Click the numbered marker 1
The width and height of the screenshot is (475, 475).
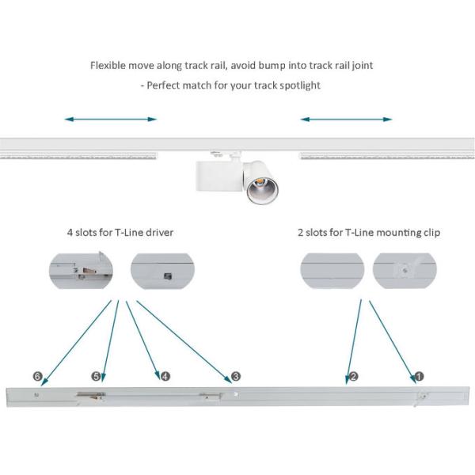coord(420,376)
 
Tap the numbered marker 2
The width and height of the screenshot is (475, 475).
coord(353,376)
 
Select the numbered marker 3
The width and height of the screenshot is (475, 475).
coord(235,376)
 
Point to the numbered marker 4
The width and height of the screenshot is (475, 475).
coord(165,376)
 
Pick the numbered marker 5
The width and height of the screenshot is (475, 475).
coord(96,376)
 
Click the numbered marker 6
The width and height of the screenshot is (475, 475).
coord(36,376)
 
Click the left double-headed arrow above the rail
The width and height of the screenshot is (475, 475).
coord(111,120)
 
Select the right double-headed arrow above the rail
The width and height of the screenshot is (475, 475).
coord(346,120)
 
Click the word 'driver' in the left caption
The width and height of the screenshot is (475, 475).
coord(158,233)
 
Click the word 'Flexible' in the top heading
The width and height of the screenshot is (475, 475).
coord(109,65)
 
